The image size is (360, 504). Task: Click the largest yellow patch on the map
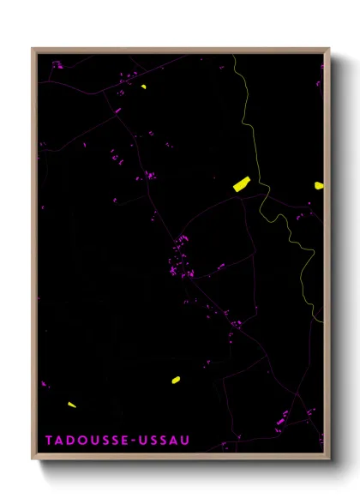241,183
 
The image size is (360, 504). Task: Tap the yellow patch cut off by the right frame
319,185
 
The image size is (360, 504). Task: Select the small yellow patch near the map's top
143,87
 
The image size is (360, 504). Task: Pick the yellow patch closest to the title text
72,405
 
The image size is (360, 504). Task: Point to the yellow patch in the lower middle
175,379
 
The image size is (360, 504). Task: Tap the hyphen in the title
125,441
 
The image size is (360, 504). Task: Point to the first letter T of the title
49,441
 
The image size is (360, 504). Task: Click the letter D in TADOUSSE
70,441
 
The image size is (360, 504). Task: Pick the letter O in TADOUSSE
81,441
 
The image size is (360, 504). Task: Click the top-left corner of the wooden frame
33,49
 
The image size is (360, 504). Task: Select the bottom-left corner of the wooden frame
33,455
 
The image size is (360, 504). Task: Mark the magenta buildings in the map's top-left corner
57,63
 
